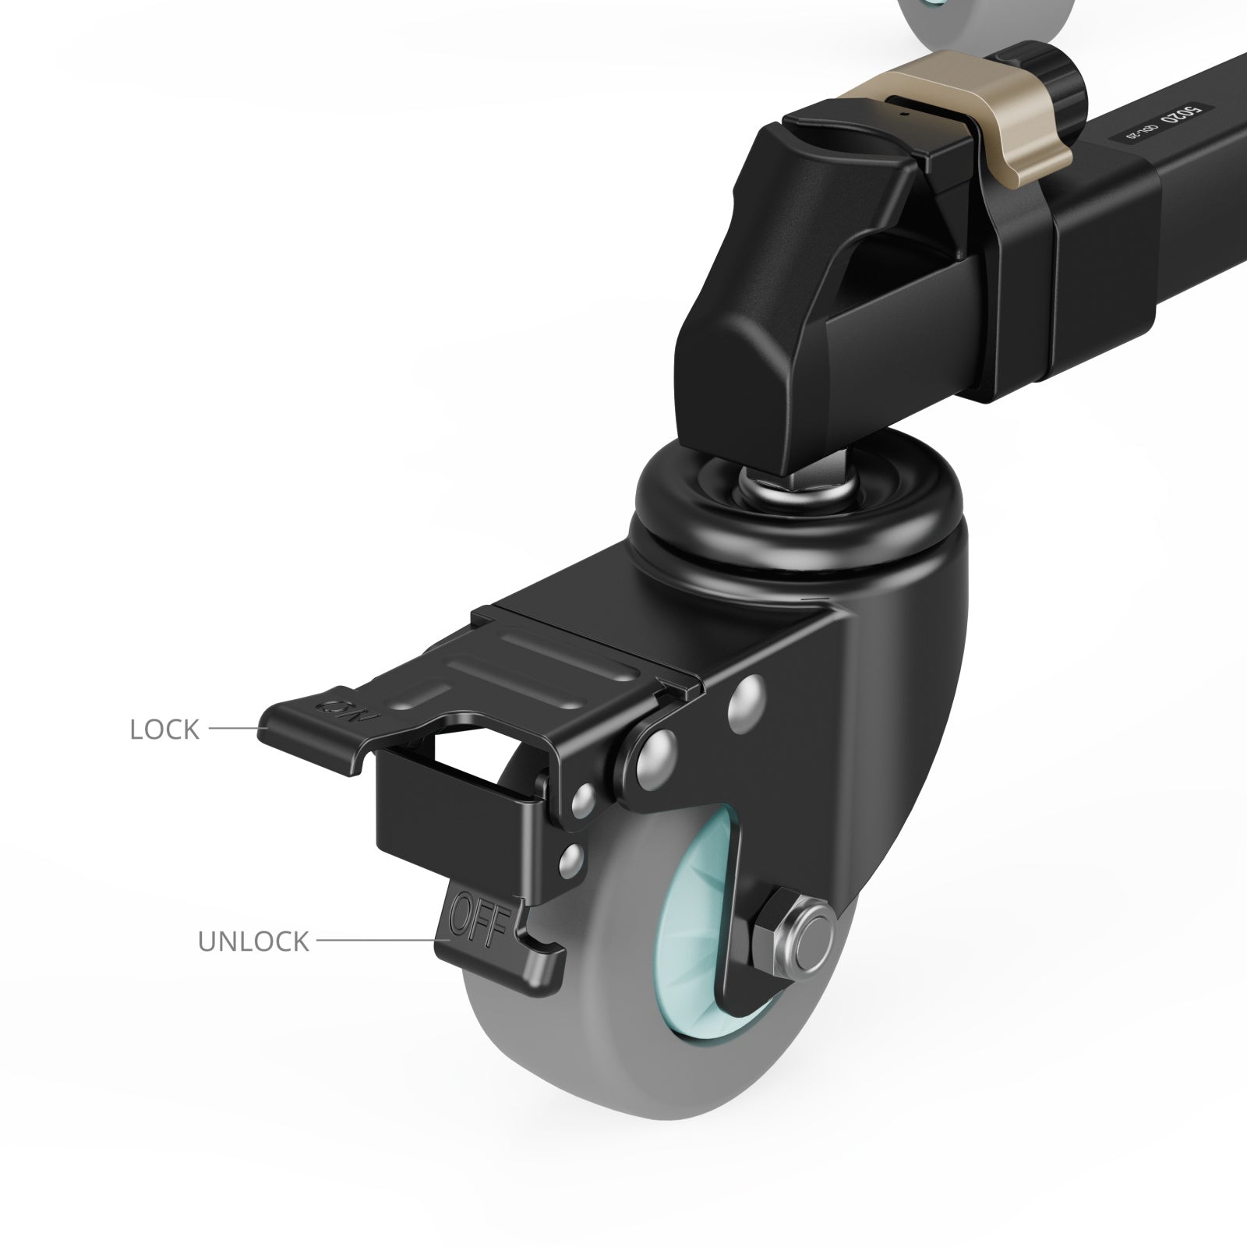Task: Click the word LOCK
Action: pos(164,730)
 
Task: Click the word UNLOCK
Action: pos(253,941)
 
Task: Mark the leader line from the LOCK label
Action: pos(232,729)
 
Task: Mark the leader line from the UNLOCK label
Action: pos(374,941)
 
